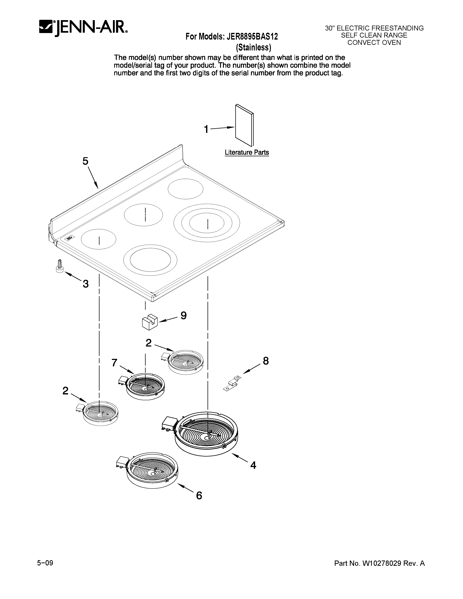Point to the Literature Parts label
(x=247, y=152)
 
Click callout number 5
(x=85, y=161)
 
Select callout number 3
(x=86, y=284)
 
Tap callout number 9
(x=184, y=316)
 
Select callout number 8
(x=265, y=361)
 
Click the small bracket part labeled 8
(x=232, y=383)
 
